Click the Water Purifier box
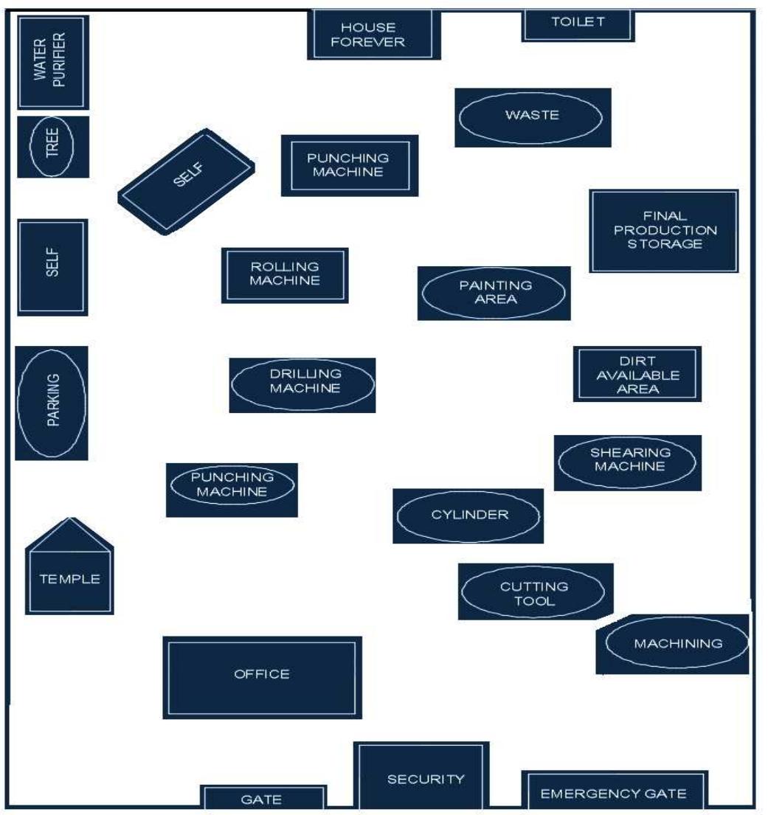(x=52, y=62)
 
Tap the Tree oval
(x=53, y=147)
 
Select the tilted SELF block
(x=187, y=182)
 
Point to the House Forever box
(x=373, y=35)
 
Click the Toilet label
(x=578, y=22)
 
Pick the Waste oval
(x=532, y=117)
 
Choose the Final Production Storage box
(x=663, y=230)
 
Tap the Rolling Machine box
(x=285, y=274)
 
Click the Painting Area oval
(x=494, y=293)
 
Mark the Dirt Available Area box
(x=637, y=374)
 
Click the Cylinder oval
(x=468, y=516)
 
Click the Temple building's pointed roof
(x=69, y=533)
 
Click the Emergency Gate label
(x=614, y=794)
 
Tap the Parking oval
(x=52, y=403)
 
